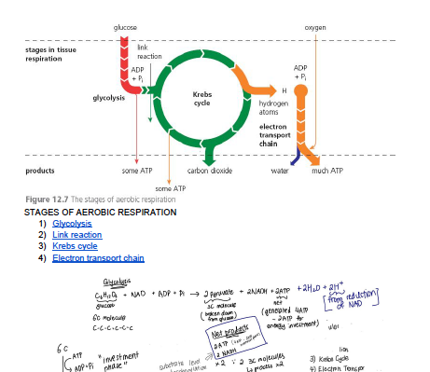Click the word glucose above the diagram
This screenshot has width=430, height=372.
click(x=124, y=29)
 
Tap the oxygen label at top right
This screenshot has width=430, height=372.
click(x=315, y=29)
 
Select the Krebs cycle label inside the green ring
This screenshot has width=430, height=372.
click(x=201, y=98)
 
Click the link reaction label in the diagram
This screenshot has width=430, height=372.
click(x=149, y=51)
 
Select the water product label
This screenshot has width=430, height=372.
click(x=280, y=171)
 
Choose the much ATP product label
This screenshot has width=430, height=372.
click(x=326, y=171)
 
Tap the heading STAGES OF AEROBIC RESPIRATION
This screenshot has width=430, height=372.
click(x=99, y=213)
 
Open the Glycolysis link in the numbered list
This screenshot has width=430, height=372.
click(x=72, y=224)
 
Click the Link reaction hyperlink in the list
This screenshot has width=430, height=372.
click(x=77, y=235)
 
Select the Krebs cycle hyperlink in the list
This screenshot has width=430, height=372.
click(x=75, y=246)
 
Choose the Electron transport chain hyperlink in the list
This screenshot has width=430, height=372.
click(x=98, y=257)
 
